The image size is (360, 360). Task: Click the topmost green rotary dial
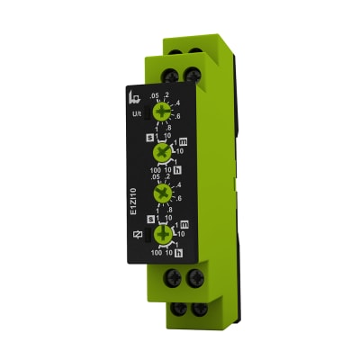[163, 112]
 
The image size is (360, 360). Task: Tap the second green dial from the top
[164, 154]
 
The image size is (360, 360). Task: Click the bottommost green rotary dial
[164, 236]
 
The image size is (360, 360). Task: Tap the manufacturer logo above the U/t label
[135, 95]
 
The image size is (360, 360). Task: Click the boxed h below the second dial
[177, 170]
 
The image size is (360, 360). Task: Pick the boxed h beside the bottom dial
[177, 254]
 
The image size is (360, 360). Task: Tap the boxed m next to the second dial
[183, 141]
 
